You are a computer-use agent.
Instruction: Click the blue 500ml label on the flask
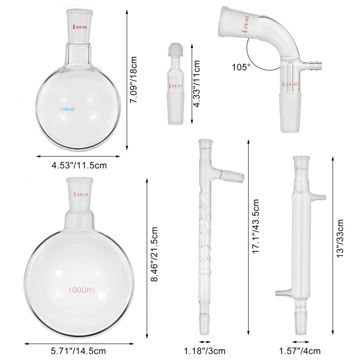pos(67,109)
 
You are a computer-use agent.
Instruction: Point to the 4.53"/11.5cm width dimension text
pos(79,166)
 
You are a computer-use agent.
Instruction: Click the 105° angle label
pos(241,67)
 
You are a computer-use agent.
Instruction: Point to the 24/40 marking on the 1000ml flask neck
pos(81,194)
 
